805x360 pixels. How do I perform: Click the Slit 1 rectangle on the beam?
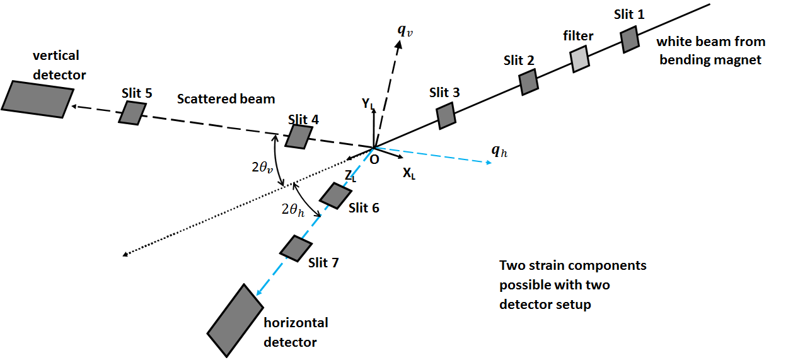click(630, 40)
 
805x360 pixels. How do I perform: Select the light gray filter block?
click(580, 59)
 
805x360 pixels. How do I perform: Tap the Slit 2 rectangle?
click(528, 82)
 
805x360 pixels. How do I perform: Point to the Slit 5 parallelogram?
click(133, 113)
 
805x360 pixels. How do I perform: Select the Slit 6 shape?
click(335, 195)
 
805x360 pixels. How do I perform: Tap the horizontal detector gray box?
click(235, 319)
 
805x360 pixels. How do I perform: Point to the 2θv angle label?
click(261, 168)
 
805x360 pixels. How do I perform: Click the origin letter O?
click(374, 160)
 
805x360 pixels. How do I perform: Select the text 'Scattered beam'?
click(226, 99)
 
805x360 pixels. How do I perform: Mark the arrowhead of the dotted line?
click(125, 255)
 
